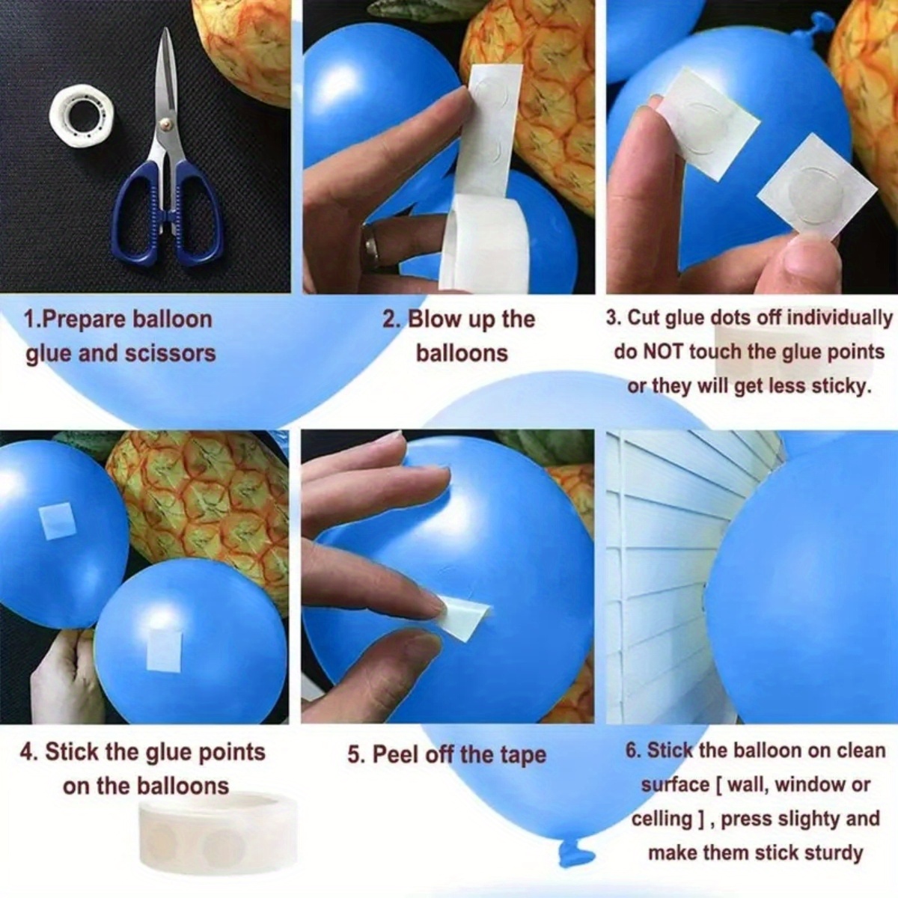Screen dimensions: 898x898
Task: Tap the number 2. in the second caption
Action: [x=392, y=320]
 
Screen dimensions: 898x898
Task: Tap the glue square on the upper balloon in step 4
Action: [x=58, y=522]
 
